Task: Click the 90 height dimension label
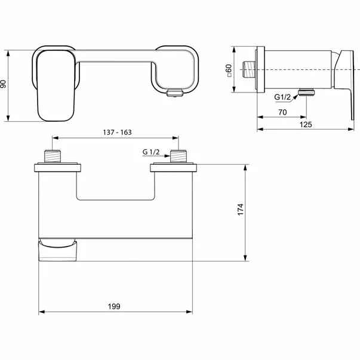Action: [x=4, y=84]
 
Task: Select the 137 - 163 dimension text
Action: [x=118, y=133]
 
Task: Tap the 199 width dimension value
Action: [x=114, y=306]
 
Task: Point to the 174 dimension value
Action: [x=241, y=210]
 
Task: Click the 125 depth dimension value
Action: [x=306, y=125]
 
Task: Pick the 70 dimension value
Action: [x=282, y=112]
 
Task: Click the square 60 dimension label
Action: [x=229, y=70]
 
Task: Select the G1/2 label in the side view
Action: [x=282, y=97]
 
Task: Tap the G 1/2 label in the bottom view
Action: [x=151, y=152]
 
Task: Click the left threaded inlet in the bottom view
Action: [x=53, y=156]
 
